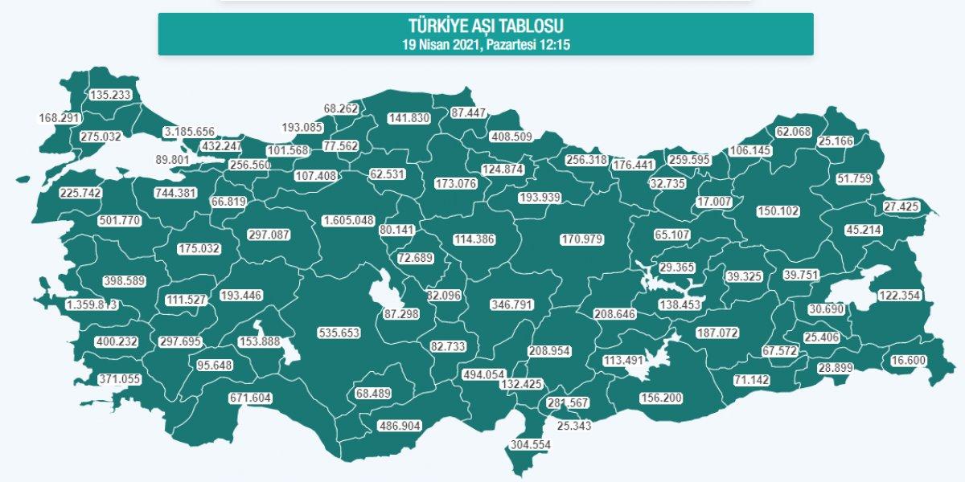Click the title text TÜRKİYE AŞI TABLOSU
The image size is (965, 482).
pos(485,26)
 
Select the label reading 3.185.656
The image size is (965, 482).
pos(189,132)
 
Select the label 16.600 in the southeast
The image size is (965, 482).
pos(910,361)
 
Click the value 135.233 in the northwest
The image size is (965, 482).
pos(112,94)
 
